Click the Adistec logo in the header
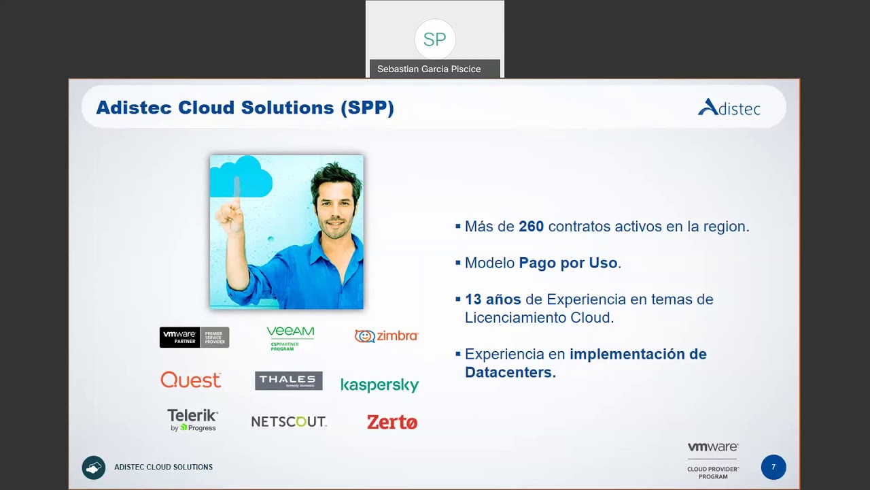[x=729, y=108]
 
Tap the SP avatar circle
[x=435, y=39]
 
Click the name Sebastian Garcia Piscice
[x=429, y=69]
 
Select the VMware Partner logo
[x=194, y=337]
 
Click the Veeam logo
[x=290, y=337]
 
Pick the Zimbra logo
[x=386, y=336]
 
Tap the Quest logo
[x=191, y=380]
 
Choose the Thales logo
[x=288, y=380]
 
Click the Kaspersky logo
[x=379, y=385]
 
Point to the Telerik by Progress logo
[x=192, y=420]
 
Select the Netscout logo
[x=289, y=421]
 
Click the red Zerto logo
[x=392, y=422]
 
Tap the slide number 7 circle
[x=773, y=468]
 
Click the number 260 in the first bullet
[x=531, y=227]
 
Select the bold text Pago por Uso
[x=568, y=263]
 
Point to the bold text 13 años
[x=493, y=299]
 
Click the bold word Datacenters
[x=510, y=372]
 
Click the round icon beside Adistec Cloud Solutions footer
[x=94, y=468]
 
